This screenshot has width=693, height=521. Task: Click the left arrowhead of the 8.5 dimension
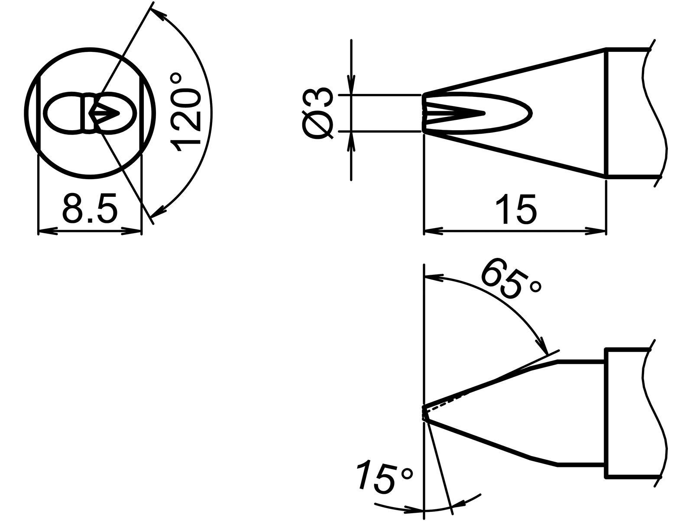pos(48,232)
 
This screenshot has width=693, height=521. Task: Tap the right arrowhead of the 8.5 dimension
pos(132,232)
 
